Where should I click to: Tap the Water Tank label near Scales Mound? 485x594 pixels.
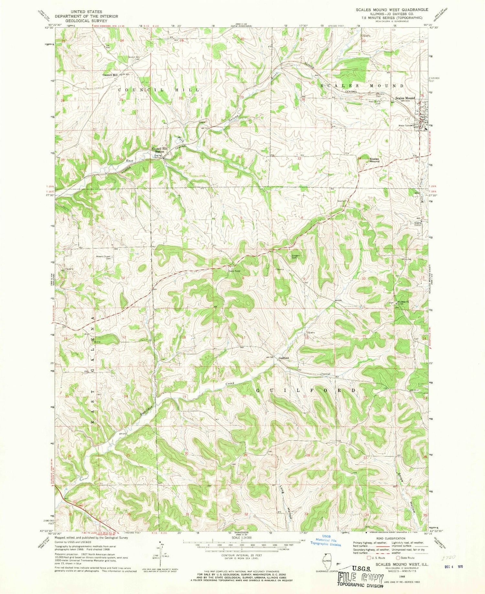(x=404, y=126)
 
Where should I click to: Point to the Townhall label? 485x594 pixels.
(x=325, y=374)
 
